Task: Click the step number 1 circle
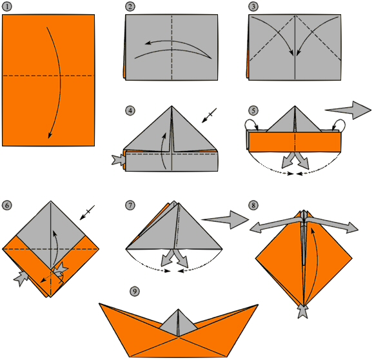tap(6, 6)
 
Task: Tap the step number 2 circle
tap(130, 6)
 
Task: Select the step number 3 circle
tap(253, 6)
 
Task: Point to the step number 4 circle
tap(130, 110)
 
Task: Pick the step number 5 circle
tap(253, 110)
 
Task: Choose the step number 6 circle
tap(6, 205)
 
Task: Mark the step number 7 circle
tap(130, 205)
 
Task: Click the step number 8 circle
tap(253, 205)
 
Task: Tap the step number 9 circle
tap(135, 291)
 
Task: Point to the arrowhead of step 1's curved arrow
tap(50, 135)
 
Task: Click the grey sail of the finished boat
tap(178, 323)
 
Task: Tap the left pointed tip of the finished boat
tap(99, 303)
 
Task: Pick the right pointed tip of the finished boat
tap(258, 305)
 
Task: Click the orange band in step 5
tap(295, 142)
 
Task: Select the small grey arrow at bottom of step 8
tap(303, 312)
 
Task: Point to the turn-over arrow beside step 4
tap(209, 115)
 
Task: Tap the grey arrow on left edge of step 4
tap(119, 160)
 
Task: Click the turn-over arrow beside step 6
tap(87, 212)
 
